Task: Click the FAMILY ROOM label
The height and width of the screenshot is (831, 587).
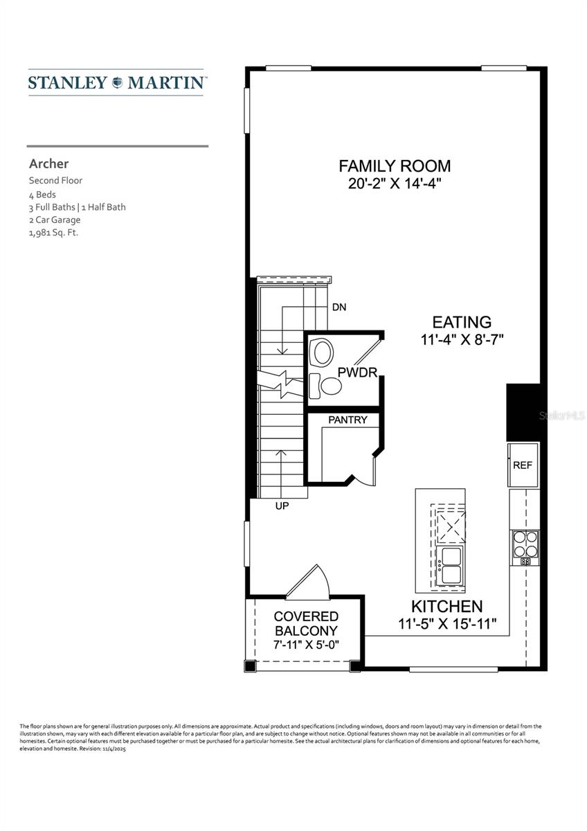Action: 395,166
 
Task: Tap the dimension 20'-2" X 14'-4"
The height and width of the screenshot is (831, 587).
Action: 395,184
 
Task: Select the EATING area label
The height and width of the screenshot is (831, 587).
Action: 462,322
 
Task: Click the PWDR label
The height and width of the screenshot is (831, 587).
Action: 357,373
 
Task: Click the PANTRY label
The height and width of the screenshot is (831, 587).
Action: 347,420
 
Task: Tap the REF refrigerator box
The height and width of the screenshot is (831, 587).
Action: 523,465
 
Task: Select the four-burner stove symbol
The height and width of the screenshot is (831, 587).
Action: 525,544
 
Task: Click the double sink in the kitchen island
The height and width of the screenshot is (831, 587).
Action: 451,564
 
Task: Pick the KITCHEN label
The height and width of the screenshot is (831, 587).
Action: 447,606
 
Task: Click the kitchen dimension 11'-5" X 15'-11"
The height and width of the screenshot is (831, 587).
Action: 447,624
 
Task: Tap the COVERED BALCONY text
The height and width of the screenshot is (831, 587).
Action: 306,623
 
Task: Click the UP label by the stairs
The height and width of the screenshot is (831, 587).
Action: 282,506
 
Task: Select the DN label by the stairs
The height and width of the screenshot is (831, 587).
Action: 339,307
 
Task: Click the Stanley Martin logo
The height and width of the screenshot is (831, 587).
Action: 116,82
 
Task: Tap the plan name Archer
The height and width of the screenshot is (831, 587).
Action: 48,164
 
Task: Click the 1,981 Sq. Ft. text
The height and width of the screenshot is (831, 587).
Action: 53,233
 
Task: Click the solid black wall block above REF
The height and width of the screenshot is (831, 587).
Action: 523,413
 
